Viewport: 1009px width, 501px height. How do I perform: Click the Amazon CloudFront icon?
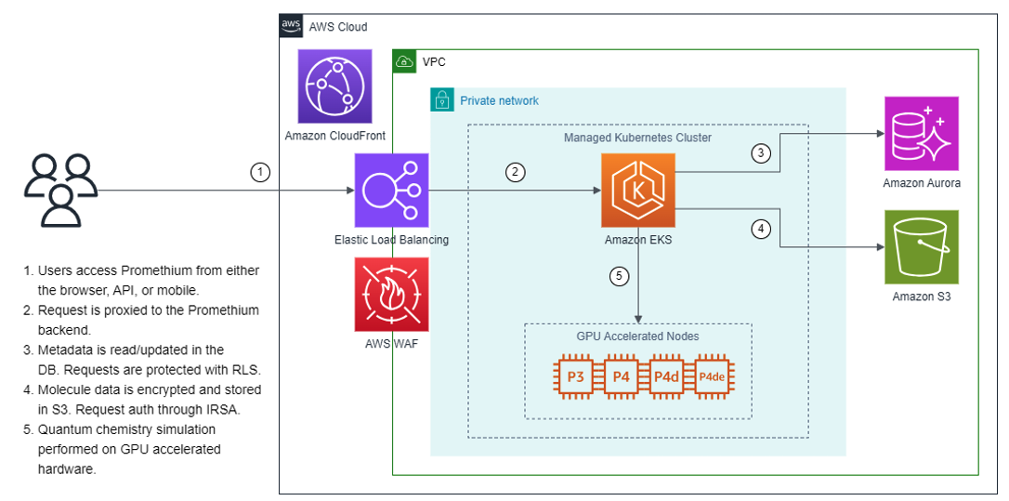click(334, 86)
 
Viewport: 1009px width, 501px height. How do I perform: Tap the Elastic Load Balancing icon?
click(391, 191)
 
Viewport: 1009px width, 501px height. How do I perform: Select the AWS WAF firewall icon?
click(391, 295)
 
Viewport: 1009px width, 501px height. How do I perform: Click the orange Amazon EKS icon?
click(638, 191)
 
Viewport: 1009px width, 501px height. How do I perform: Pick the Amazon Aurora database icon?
click(921, 133)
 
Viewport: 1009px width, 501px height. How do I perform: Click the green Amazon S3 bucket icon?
click(921, 246)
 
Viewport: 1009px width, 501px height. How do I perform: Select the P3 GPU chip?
click(574, 376)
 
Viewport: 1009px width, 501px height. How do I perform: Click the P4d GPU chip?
click(665, 376)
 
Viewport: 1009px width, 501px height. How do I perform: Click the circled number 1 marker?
click(262, 172)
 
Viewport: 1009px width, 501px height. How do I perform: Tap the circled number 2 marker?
click(516, 172)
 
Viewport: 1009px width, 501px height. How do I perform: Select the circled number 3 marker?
click(762, 153)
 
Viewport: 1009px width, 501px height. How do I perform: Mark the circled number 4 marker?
click(762, 228)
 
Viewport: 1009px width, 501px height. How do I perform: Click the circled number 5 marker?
click(620, 276)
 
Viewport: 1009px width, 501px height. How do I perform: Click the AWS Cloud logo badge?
click(291, 26)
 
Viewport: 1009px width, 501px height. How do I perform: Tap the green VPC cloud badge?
click(404, 61)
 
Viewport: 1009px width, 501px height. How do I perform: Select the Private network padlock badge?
click(441, 99)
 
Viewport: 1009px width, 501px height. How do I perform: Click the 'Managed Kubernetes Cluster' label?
click(637, 138)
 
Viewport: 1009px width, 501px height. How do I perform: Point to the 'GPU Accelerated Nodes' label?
click(637, 336)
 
